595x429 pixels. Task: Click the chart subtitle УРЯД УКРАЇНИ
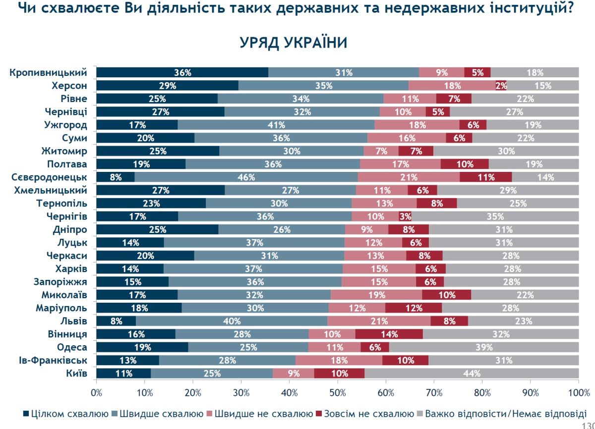[293, 43]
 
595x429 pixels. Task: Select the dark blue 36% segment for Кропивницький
[182, 72]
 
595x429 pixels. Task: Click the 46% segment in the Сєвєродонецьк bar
[246, 177]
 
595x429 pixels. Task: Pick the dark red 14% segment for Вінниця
[389, 334]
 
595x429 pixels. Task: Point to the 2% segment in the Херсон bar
[501, 85]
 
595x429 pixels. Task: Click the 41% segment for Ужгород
[276, 125]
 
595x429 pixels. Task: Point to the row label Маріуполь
[62, 308]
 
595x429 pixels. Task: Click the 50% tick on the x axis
[337, 392]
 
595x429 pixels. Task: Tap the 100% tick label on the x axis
[578, 392]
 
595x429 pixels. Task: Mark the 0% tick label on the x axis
[96, 392]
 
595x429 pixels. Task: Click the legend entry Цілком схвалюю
[65, 413]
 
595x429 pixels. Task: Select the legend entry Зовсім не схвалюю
[365, 413]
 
